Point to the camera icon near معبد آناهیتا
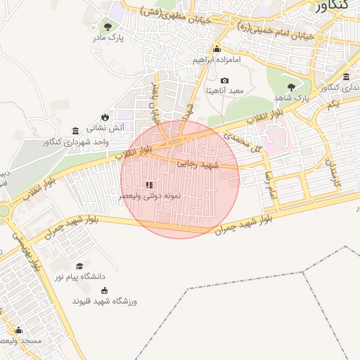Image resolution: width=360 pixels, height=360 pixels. pyautogui.click(x=225, y=81)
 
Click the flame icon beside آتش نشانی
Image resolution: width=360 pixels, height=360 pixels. pyautogui.click(x=105, y=117)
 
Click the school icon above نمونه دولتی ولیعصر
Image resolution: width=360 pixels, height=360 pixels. pyautogui.click(x=148, y=185)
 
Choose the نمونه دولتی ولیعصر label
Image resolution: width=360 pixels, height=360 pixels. pyautogui.click(x=148, y=195)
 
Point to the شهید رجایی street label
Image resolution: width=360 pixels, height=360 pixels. pyautogui.click(x=198, y=164)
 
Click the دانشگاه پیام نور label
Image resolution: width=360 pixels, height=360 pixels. pyautogui.click(x=79, y=277)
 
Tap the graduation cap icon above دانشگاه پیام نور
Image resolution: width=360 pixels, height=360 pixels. pyautogui.click(x=79, y=266)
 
